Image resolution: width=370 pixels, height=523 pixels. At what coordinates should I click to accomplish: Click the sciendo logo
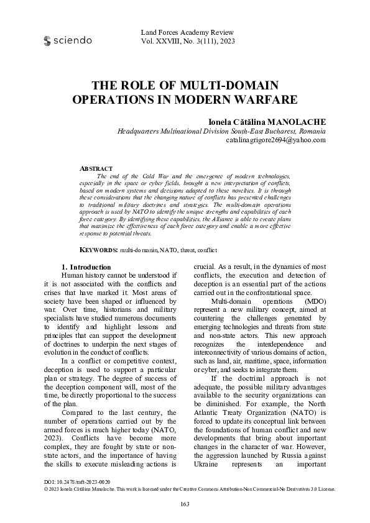tap(68, 40)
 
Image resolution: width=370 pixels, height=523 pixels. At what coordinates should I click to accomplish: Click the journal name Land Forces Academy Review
tap(187, 32)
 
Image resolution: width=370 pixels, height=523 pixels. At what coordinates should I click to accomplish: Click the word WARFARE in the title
tap(247, 99)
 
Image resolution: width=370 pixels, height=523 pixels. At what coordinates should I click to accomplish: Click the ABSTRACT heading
tap(96, 168)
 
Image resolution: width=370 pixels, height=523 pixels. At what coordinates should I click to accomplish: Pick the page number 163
tap(185, 504)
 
